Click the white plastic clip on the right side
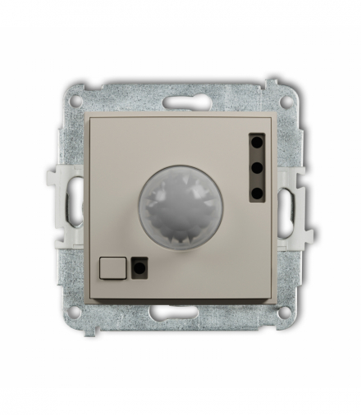pos(304,204)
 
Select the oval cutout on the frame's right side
pos(285,205)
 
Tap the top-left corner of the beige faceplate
pos(87,115)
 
